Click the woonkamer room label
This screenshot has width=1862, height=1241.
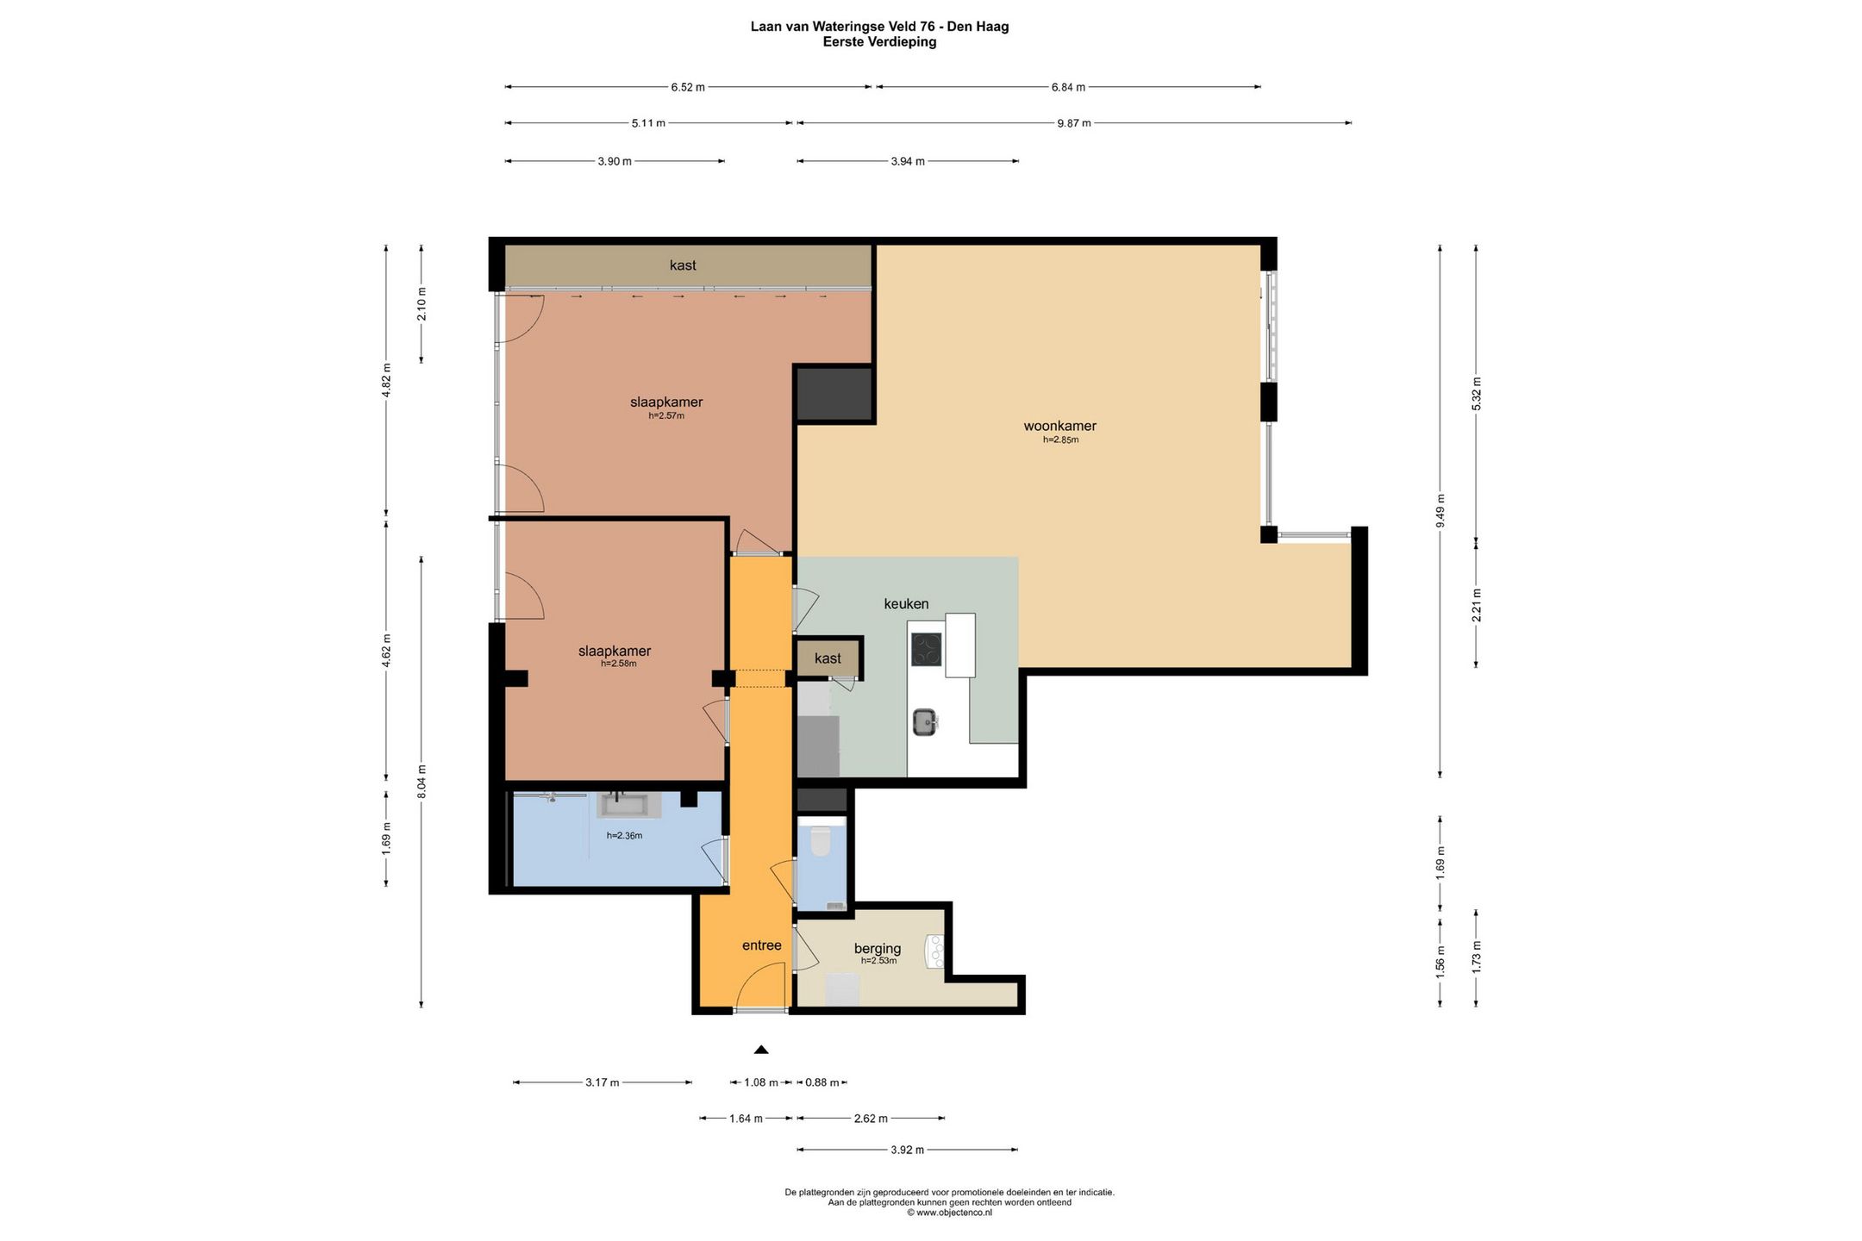pyautogui.click(x=1059, y=426)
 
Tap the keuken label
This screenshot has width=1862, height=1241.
pyautogui.click(x=906, y=604)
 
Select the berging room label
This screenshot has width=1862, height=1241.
pyautogui.click(x=878, y=949)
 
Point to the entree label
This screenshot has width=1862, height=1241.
pyautogui.click(x=762, y=945)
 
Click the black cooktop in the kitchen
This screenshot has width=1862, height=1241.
pyautogui.click(x=927, y=650)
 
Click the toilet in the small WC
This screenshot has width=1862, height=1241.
pyautogui.click(x=820, y=841)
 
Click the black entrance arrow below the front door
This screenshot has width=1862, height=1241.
pyautogui.click(x=761, y=1050)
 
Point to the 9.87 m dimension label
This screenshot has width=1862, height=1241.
pyautogui.click(x=1074, y=123)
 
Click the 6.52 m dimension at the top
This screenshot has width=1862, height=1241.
pyautogui.click(x=688, y=87)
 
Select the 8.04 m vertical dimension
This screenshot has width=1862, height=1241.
pyautogui.click(x=422, y=783)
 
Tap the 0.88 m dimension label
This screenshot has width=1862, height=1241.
pyautogui.click(x=822, y=1082)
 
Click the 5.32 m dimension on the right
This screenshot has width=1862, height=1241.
pyautogui.click(x=1477, y=394)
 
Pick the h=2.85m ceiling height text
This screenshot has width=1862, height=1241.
pyautogui.click(x=1060, y=440)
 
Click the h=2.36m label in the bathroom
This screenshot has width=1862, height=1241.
pyautogui.click(x=624, y=835)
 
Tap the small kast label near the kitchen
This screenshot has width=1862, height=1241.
pyautogui.click(x=828, y=658)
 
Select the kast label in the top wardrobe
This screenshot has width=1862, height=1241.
pyautogui.click(x=683, y=265)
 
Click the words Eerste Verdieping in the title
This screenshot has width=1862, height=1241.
pyautogui.click(x=879, y=41)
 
